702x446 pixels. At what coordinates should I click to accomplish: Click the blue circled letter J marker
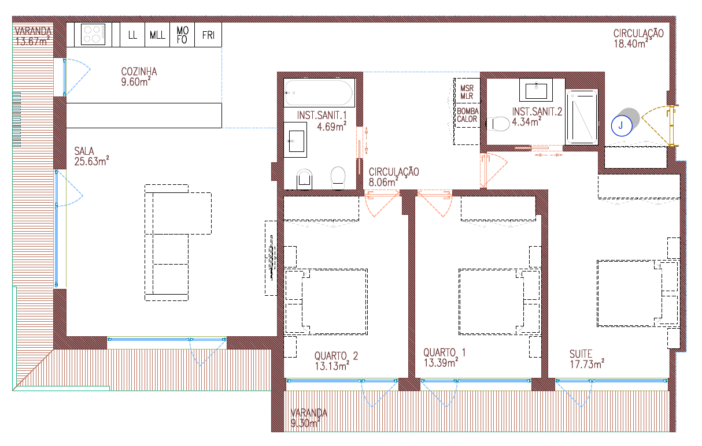622,125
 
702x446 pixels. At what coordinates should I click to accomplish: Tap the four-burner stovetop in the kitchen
93,34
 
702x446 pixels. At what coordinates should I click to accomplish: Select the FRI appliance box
208,35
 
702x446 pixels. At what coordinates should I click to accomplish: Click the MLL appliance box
157,35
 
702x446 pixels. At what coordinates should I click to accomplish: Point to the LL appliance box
132,35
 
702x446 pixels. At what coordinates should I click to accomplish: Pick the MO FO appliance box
182,35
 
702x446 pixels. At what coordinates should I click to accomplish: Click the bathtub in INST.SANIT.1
319,92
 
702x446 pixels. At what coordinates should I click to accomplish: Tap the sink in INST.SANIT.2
536,90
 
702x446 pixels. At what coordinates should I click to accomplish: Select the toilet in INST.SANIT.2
498,124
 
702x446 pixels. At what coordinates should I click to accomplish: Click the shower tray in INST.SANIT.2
582,117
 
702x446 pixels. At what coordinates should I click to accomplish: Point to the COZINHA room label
139,76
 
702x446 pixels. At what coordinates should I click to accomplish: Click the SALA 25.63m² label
91,156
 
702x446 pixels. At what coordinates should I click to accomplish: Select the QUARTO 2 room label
336,361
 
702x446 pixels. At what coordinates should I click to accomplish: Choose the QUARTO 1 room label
445,358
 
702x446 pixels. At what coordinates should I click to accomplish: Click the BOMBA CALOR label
468,116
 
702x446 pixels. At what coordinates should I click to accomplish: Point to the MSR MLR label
467,92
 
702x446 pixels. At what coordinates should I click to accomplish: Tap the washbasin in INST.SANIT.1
295,140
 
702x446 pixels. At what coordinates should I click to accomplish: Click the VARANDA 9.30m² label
309,418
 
